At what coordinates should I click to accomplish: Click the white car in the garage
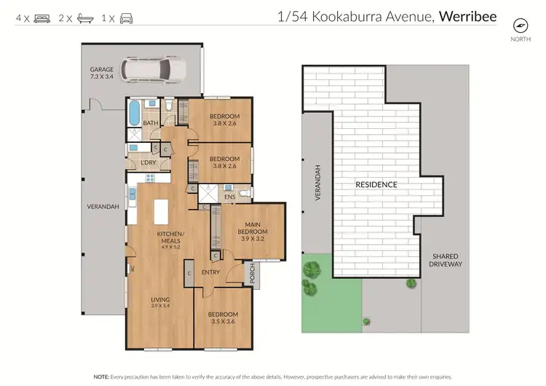tap(155, 69)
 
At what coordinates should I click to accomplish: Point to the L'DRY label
tap(149, 162)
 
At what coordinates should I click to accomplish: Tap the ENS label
tap(230, 197)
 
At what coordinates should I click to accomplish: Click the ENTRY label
tap(211, 272)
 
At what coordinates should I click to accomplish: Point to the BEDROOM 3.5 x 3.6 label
tap(223, 318)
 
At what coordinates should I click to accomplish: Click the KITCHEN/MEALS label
tap(172, 237)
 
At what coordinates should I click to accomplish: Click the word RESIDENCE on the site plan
tap(376, 184)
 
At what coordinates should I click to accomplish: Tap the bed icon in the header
tap(41, 17)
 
